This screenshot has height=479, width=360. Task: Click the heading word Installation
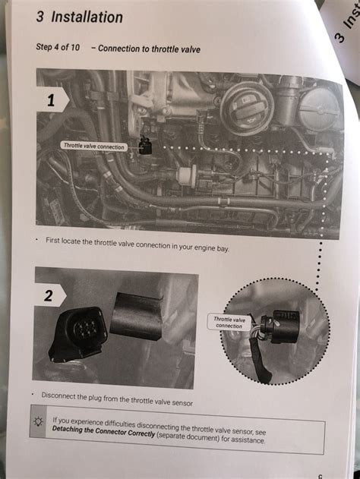point(87,17)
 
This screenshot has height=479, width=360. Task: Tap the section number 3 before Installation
point(39,17)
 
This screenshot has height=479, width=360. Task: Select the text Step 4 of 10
point(58,47)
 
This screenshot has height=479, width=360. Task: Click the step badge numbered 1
point(52,100)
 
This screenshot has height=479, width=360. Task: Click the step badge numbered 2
point(49,295)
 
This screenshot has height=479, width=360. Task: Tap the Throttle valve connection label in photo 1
point(94,146)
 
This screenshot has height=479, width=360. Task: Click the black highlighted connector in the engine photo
point(145,146)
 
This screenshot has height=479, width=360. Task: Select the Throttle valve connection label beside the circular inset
point(229,323)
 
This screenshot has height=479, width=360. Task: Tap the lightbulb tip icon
point(39,421)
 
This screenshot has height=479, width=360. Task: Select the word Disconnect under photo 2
point(58,395)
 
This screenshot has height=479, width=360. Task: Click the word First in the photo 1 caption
point(52,241)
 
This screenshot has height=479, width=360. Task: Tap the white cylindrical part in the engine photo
point(187,175)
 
